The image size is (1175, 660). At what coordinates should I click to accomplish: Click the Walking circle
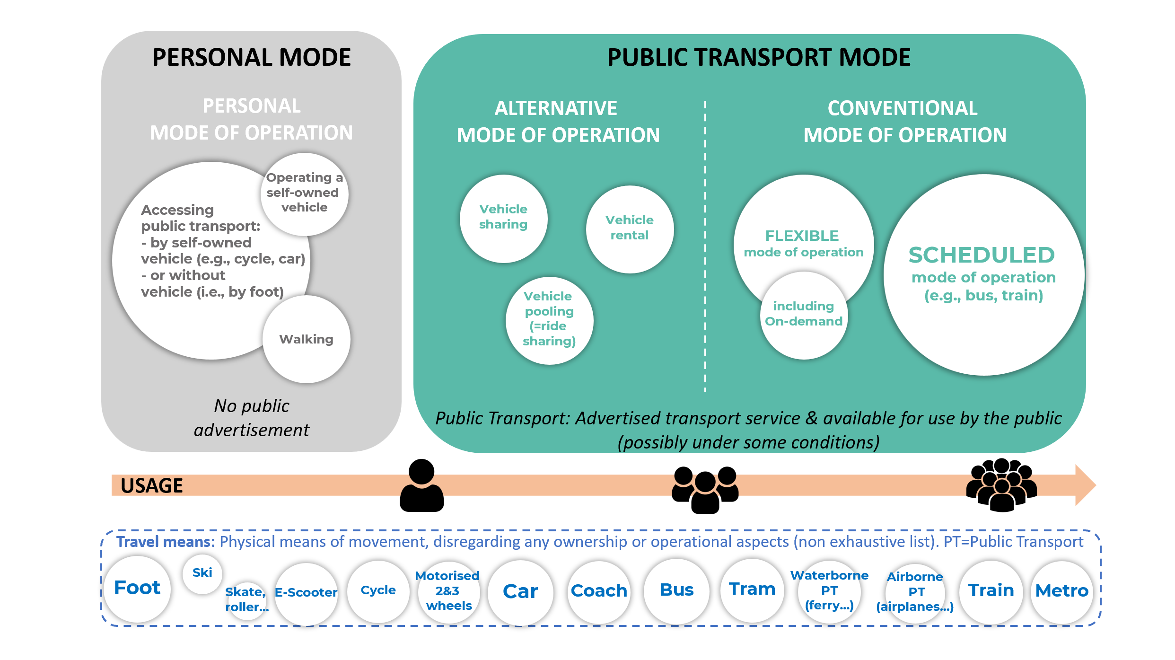(307, 339)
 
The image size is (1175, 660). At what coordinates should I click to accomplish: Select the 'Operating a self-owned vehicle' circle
(304, 194)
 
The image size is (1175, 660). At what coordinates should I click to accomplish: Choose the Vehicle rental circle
(630, 229)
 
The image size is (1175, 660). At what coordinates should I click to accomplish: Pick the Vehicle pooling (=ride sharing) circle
(549, 320)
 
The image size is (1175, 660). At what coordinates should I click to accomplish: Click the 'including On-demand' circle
(803, 315)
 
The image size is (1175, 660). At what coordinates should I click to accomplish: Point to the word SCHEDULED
(982, 255)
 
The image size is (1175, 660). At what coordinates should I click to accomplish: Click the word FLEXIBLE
(802, 236)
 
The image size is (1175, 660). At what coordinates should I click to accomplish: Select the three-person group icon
(705, 490)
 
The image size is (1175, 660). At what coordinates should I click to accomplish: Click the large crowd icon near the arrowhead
(1001, 485)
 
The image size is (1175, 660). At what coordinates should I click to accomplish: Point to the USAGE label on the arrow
(152, 486)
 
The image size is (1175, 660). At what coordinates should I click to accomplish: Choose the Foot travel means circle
(137, 588)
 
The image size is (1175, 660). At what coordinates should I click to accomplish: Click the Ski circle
(202, 573)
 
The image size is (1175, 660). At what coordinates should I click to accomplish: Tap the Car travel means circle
(520, 591)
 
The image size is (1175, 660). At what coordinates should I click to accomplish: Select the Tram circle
(752, 590)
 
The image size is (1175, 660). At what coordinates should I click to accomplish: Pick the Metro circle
(1062, 591)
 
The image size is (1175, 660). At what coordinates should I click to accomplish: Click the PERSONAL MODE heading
(251, 58)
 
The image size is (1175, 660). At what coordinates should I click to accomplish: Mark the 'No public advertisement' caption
(251, 418)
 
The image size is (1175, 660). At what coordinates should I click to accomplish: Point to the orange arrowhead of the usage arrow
(1085, 485)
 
